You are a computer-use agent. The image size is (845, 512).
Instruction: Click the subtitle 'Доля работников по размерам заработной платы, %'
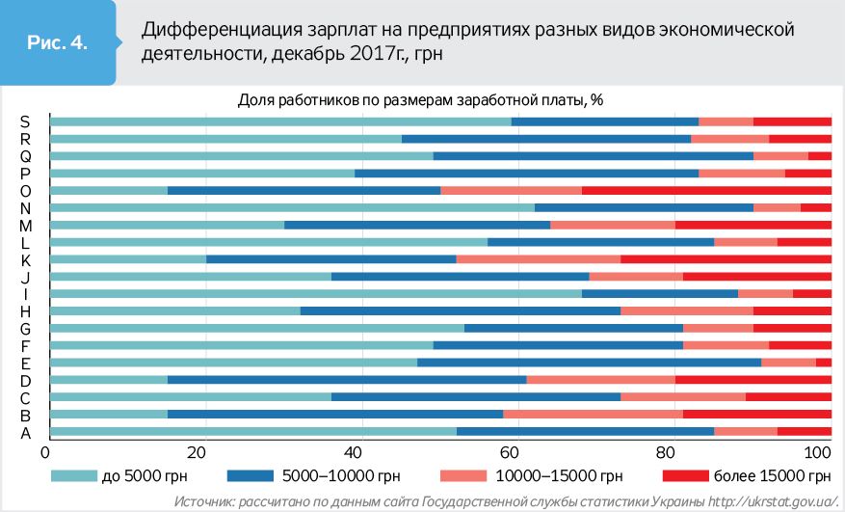pyautogui.click(x=420, y=98)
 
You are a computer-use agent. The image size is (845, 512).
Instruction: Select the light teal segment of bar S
pyautogui.click(x=280, y=121)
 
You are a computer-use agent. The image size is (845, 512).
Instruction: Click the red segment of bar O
pyautogui.click(x=706, y=190)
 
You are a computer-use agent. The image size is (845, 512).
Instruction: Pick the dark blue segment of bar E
pyautogui.click(x=589, y=363)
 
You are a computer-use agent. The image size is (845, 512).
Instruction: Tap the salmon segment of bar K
pyautogui.click(x=539, y=259)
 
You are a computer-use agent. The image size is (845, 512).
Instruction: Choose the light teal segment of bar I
pyautogui.click(x=316, y=293)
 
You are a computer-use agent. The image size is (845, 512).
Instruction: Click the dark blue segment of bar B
pyautogui.click(x=335, y=415)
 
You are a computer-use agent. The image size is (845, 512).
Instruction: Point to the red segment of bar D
pyautogui.click(x=753, y=380)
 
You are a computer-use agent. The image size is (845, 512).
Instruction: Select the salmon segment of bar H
pyautogui.click(x=686, y=310)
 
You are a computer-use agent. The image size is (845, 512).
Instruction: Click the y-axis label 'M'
pyautogui.click(x=26, y=226)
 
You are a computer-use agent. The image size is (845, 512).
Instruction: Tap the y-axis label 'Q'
pyautogui.click(x=26, y=156)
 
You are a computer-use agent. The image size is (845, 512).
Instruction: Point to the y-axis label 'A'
pyautogui.click(x=26, y=433)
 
